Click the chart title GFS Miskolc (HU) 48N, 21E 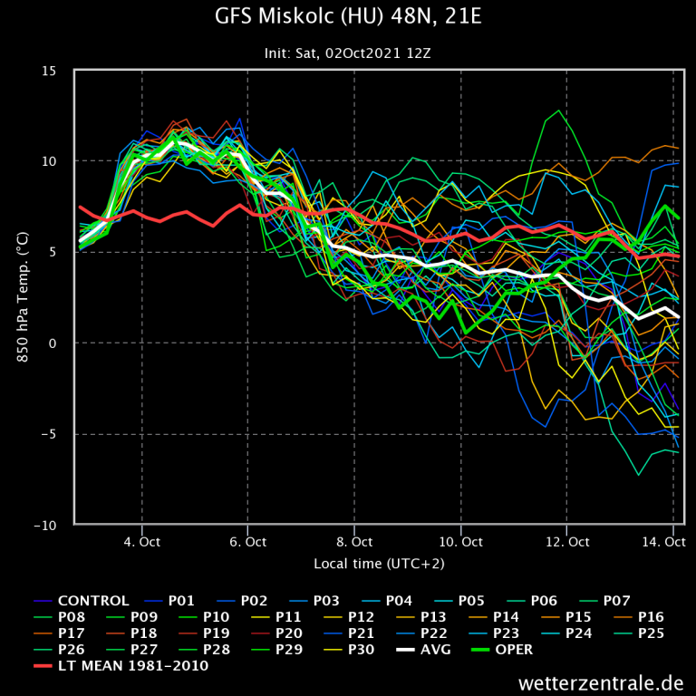347,18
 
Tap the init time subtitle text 347,53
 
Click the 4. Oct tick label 141,542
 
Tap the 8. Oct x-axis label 354,542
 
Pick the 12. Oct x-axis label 566,542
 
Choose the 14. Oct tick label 665,542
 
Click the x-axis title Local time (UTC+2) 379,564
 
